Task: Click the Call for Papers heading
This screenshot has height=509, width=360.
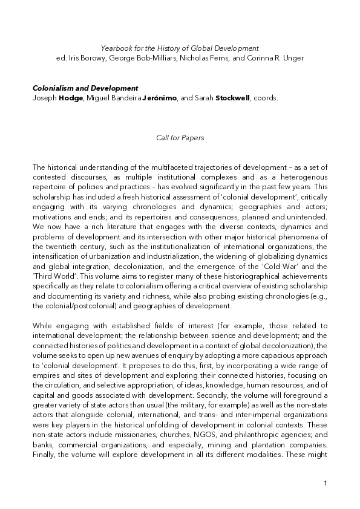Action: [x=180, y=138]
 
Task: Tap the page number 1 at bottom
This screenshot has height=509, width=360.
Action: [x=325, y=484]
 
